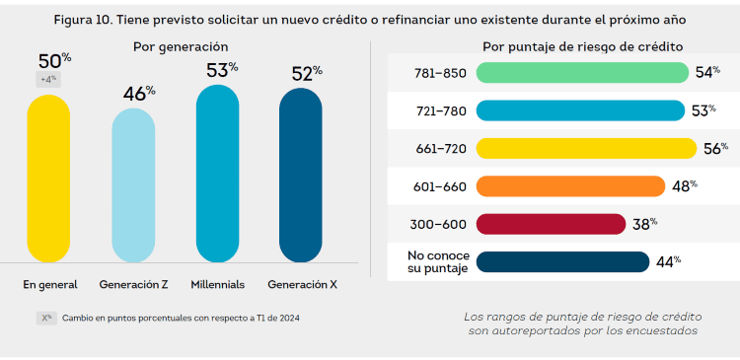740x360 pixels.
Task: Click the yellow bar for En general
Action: [x=48, y=178]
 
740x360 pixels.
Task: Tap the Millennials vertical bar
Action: [x=218, y=173]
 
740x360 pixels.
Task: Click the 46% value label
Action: [x=138, y=93]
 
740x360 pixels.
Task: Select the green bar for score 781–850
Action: [x=581, y=73]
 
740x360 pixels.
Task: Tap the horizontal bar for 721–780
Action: [x=580, y=110]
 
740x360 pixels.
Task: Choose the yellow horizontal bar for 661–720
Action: [x=585, y=148]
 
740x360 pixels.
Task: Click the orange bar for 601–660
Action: [x=570, y=185]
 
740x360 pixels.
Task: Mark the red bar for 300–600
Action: [x=551, y=223]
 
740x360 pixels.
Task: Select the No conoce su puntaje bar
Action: [x=562, y=260]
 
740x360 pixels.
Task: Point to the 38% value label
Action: [x=644, y=223]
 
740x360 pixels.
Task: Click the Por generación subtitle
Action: [x=181, y=46]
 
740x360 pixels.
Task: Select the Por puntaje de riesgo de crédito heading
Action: [x=582, y=46]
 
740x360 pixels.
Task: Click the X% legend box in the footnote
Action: [x=46, y=318]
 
